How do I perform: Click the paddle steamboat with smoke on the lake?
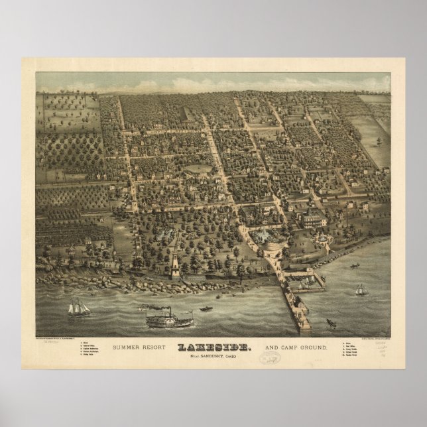pos(168,320)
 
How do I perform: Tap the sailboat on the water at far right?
pos(361,289)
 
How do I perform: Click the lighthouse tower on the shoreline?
pos(174,261)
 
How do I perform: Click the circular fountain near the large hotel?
pos(323,239)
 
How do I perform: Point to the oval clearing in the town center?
pos(198,169)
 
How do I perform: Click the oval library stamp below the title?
pos(269,357)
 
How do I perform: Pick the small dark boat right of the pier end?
pos(331,323)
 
